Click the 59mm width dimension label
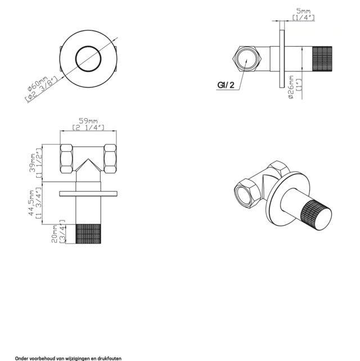pos(89,121)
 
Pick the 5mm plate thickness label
pos(303,10)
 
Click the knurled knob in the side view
pos(323,58)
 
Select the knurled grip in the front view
pos(88,234)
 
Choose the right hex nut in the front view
pos(109,159)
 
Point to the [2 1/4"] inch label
pos(89,128)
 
